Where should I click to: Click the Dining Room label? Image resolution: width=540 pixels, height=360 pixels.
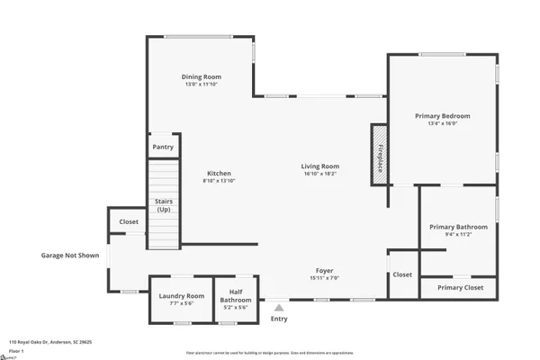tap(202, 77)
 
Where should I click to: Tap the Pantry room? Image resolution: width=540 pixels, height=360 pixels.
tap(163, 146)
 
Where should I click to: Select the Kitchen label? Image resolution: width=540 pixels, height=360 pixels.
tap(219, 174)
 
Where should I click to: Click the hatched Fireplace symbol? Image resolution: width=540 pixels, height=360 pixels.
tap(379, 154)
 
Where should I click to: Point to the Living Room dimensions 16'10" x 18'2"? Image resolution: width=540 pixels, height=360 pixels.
tap(319, 175)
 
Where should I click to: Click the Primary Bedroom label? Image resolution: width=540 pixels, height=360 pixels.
tap(442, 116)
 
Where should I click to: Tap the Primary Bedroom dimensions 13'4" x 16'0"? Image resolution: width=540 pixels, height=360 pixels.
tap(442, 124)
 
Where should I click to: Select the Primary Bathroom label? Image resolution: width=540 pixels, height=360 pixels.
tap(458, 227)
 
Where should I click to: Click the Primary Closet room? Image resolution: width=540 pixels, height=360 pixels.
tap(460, 287)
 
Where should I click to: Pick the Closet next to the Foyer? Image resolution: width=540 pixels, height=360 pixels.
tap(401, 274)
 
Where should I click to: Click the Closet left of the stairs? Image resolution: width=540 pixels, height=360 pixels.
tap(129, 221)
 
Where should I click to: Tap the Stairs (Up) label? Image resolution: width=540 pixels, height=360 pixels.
tap(163, 206)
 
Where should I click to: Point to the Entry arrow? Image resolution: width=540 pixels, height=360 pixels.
tap(278, 308)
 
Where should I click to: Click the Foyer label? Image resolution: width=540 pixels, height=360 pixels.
tap(324, 271)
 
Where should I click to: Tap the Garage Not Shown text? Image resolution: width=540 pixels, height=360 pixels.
tap(69, 255)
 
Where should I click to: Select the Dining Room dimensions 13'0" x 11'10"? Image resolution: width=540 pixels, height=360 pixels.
tap(202, 85)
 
